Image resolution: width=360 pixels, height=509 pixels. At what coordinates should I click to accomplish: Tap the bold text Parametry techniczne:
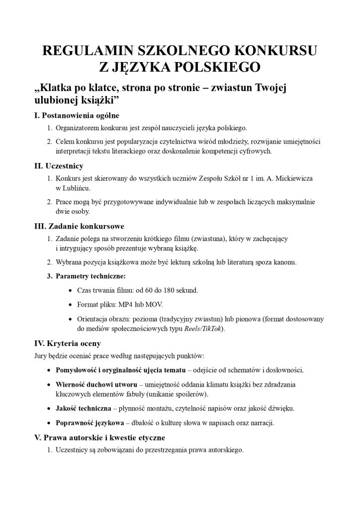(90, 275)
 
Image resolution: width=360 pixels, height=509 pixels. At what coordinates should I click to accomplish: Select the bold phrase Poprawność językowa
(90, 424)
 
